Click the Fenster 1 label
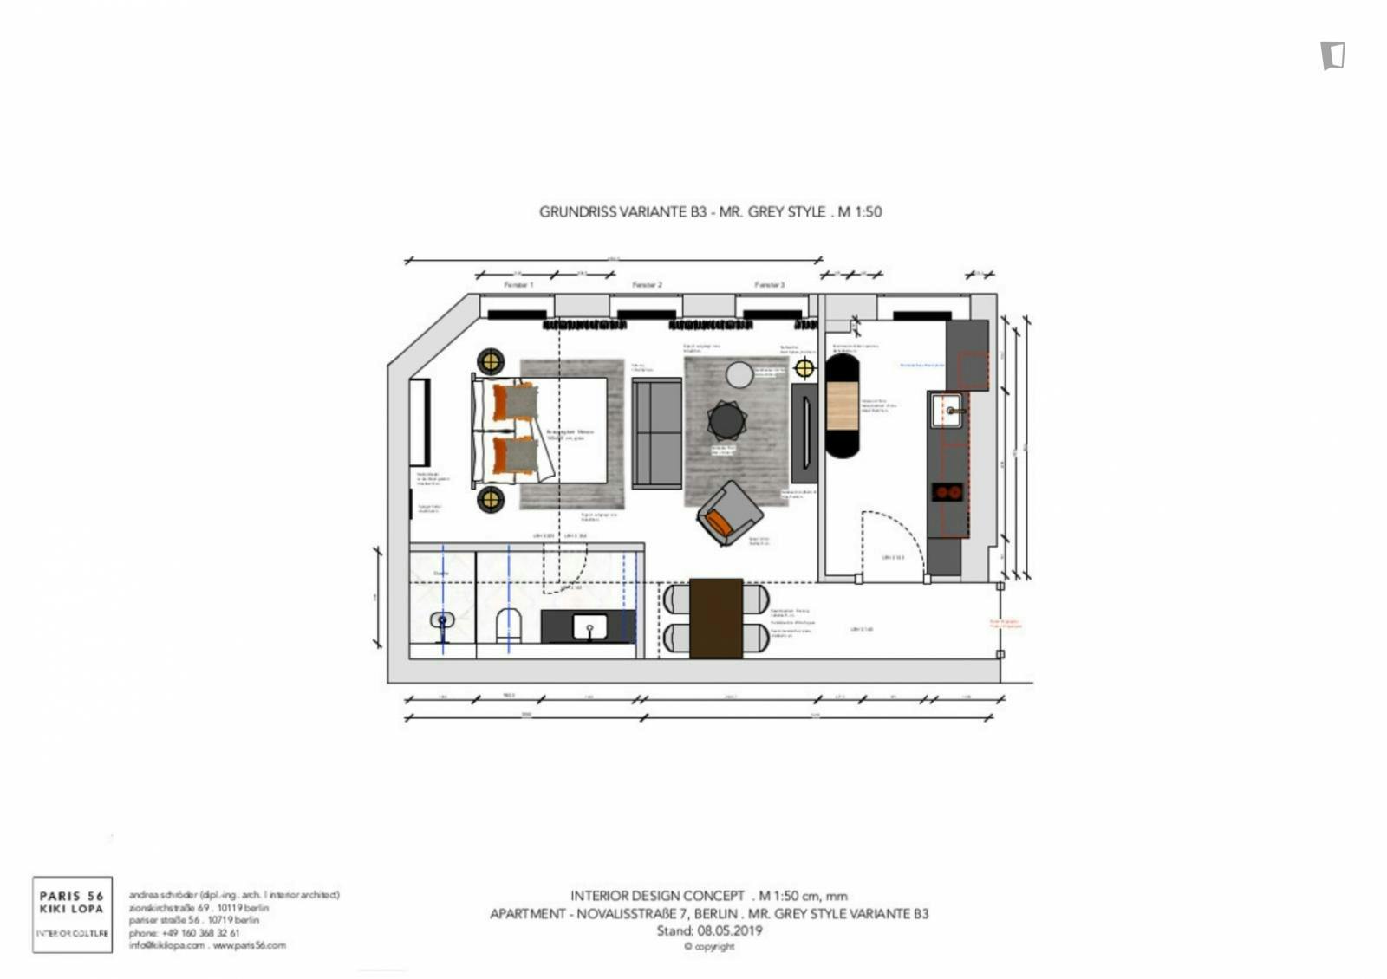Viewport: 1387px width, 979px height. point(518,284)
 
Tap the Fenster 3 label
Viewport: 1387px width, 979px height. point(769,284)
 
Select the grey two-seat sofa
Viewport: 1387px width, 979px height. point(656,433)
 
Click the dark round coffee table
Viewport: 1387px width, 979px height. point(726,421)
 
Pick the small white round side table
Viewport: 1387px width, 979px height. point(739,375)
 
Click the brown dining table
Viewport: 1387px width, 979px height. point(716,618)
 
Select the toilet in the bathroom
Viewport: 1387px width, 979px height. point(509,624)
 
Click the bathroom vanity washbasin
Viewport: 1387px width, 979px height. point(590,626)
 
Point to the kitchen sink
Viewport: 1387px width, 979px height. point(947,411)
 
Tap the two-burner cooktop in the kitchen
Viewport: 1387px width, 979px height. point(947,492)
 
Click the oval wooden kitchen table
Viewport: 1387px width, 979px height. point(841,405)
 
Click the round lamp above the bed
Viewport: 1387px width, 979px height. point(491,362)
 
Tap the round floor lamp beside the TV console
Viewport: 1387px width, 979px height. point(804,368)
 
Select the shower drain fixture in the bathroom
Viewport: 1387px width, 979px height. point(442,620)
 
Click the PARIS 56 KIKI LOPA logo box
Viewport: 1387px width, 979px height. point(73,914)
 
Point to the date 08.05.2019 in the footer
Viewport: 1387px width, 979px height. point(729,930)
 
